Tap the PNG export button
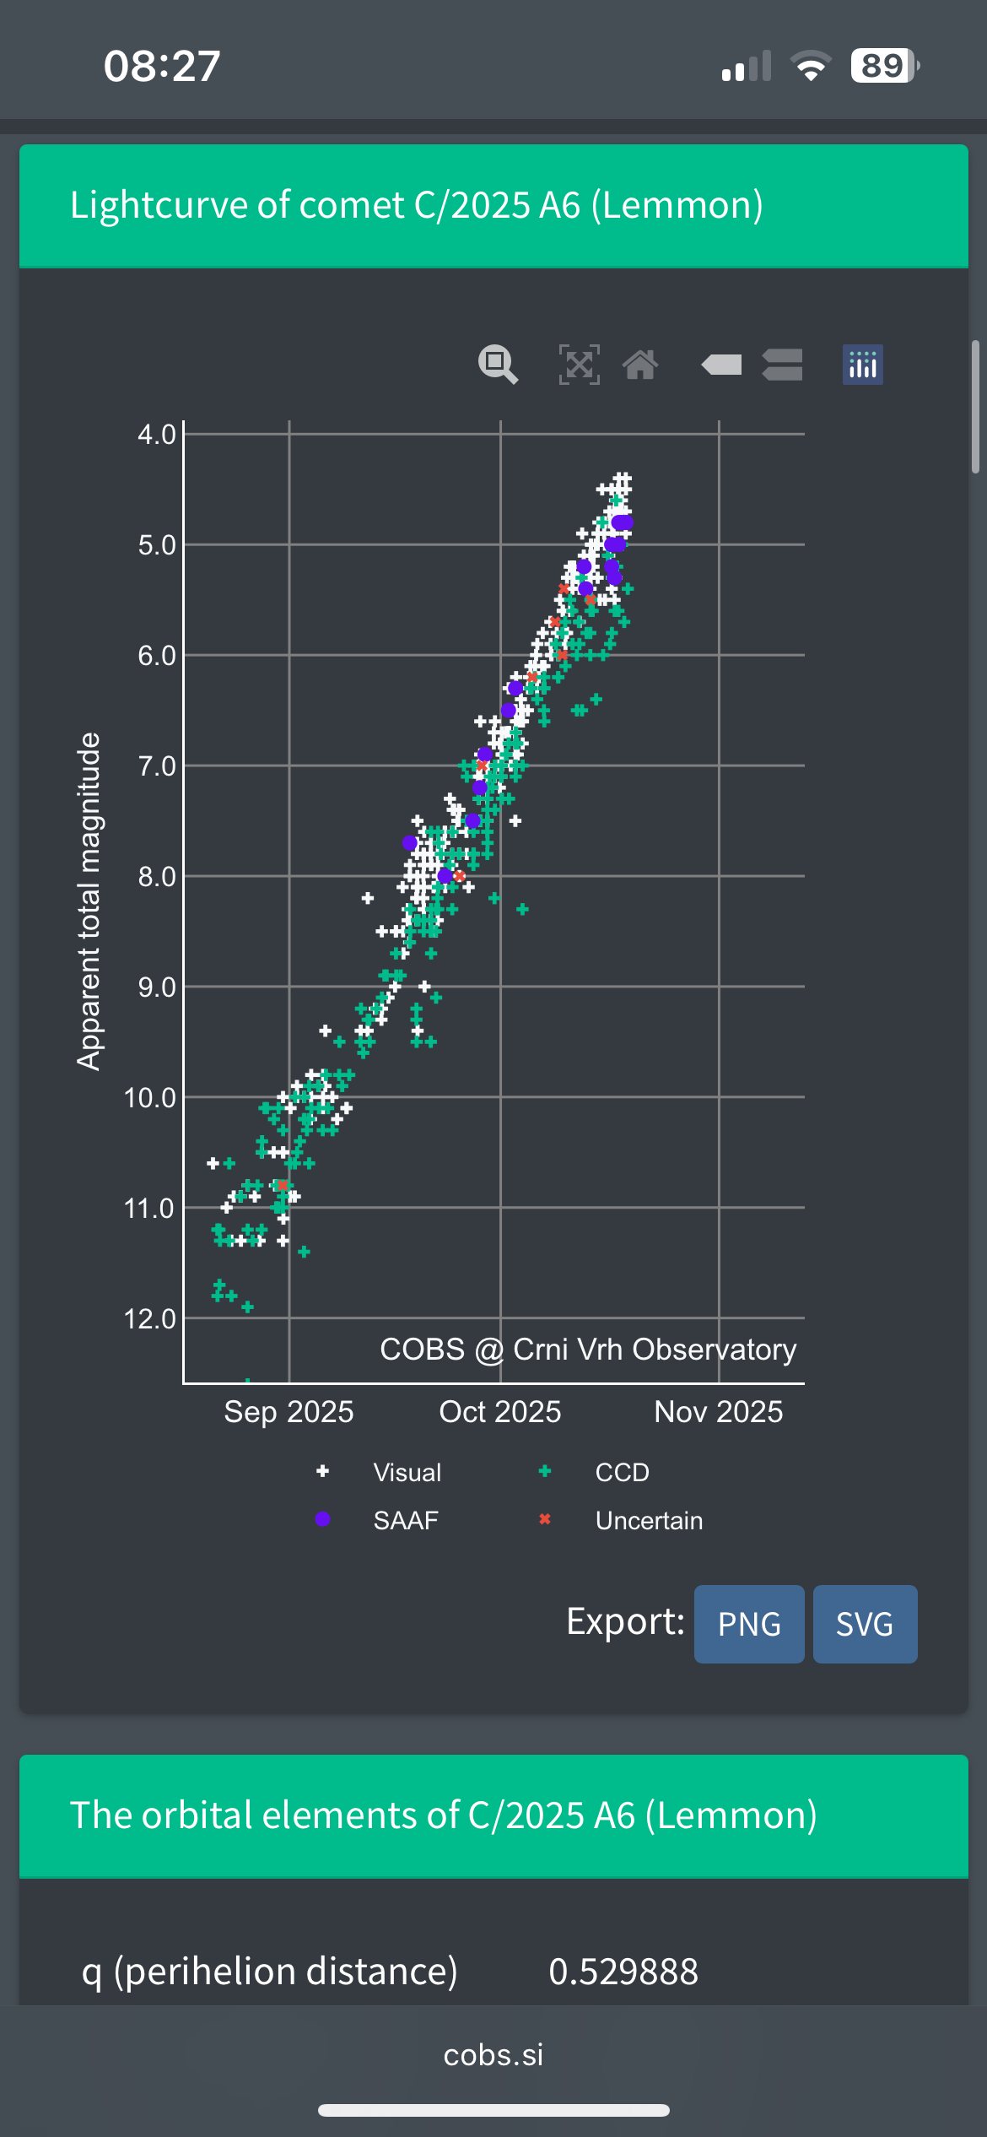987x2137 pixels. point(748,1624)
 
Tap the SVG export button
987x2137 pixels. point(865,1624)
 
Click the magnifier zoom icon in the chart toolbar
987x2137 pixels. point(498,365)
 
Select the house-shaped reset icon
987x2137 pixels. point(640,365)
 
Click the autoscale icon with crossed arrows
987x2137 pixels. point(580,365)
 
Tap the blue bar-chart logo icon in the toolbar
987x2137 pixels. point(862,365)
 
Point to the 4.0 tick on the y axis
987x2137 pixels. point(157,435)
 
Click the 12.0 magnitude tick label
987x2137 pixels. point(150,1318)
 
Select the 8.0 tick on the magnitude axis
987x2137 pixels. point(157,877)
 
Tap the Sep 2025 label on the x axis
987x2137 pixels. point(289,1411)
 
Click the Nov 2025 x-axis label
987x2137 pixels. point(719,1411)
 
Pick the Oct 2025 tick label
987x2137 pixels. point(500,1411)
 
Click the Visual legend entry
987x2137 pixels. point(407,1473)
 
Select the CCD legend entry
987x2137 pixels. point(622,1473)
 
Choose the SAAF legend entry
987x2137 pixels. point(406,1520)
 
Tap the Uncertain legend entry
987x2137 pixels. point(649,1520)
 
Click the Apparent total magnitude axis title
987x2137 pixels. point(89,901)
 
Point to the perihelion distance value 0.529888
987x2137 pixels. point(623,1972)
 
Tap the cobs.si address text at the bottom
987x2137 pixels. point(493,2054)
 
